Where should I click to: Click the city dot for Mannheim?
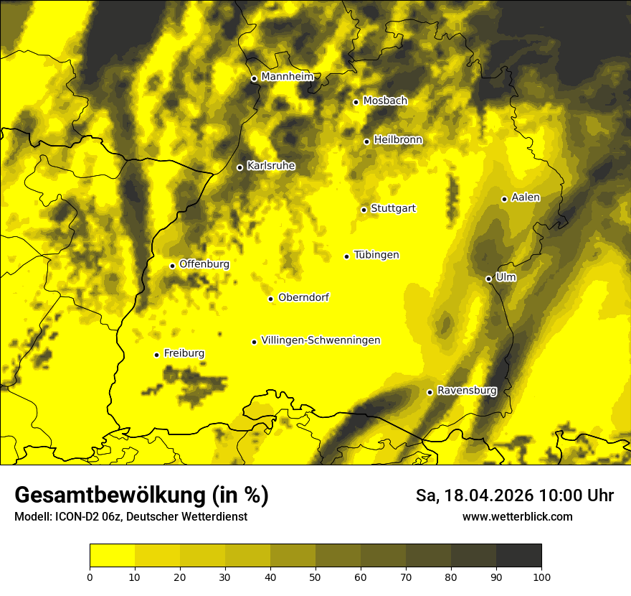point(254,79)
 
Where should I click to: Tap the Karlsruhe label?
point(271,166)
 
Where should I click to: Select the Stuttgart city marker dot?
point(364,210)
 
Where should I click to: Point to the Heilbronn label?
point(398,140)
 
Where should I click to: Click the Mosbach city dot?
point(356,102)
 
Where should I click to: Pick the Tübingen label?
point(376,255)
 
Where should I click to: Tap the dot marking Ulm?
point(488,279)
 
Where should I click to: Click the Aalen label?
point(526,197)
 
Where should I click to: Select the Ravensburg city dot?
point(430,392)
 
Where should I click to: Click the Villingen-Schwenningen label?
point(321,340)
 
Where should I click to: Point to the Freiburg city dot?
point(156,355)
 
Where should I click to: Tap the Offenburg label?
point(204,264)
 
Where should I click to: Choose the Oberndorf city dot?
point(270,299)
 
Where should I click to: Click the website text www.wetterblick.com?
point(518,516)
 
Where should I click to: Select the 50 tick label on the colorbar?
point(315,577)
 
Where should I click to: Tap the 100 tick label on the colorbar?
point(541,577)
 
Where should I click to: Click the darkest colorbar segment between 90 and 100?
point(518,556)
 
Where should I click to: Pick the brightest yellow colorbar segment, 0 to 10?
point(112,556)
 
